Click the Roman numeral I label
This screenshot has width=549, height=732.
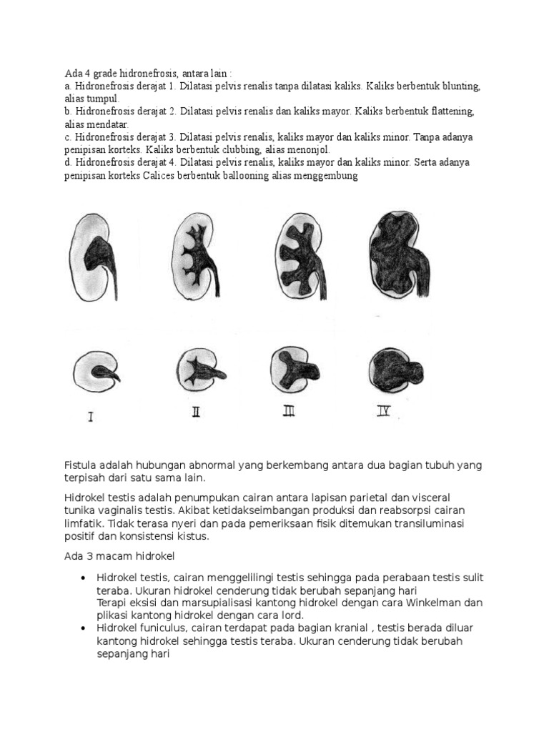point(90,415)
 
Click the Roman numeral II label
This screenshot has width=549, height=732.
point(195,412)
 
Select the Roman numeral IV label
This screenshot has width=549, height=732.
point(383,411)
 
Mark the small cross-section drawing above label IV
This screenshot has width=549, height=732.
point(397,368)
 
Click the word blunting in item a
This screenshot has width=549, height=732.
point(460,86)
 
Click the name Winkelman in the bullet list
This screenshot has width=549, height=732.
point(438,602)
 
